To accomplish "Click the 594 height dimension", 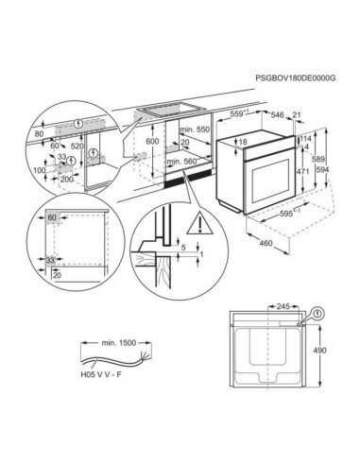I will point(322,171).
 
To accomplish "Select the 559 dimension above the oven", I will point(242,115).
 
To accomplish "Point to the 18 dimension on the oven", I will point(243,142).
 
